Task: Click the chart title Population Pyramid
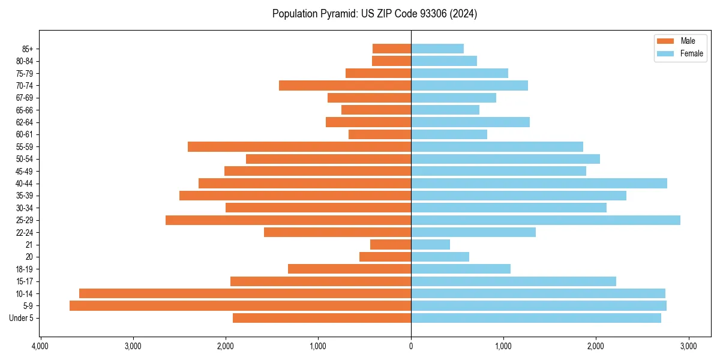(374, 14)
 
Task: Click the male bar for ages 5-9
(240, 306)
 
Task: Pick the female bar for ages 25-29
(545, 220)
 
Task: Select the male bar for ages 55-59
(299, 147)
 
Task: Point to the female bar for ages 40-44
(539, 184)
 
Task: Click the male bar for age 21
(391, 245)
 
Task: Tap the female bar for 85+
(437, 49)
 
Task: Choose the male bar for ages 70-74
(345, 86)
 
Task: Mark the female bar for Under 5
(536, 318)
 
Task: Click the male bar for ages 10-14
(245, 293)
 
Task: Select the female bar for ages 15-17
(514, 281)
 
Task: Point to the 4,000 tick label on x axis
(40, 346)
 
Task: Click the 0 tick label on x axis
(411, 346)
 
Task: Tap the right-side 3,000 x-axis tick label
(688, 346)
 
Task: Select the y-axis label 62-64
(25, 122)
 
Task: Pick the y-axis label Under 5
(21, 318)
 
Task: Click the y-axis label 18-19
(25, 269)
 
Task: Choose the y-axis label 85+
(27, 49)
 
